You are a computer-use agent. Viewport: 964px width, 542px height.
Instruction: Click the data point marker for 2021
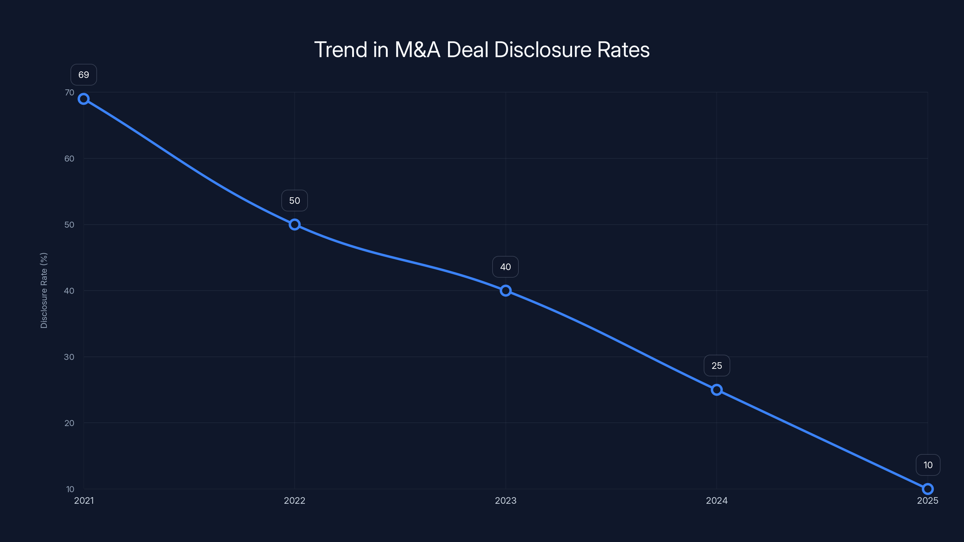[83, 99]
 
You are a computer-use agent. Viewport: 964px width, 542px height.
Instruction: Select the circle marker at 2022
[295, 224]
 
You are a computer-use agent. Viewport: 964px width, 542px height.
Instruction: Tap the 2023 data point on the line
[505, 291]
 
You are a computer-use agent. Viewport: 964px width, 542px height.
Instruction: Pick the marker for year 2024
[717, 390]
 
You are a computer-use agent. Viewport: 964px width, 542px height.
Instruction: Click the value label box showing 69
[83, 75]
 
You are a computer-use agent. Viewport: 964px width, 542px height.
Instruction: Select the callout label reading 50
[295, 201]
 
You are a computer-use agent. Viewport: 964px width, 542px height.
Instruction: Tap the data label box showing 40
[505, 267]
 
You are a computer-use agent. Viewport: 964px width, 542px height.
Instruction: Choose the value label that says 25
[717, 366]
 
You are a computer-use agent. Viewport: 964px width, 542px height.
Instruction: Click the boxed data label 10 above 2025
[928, 465]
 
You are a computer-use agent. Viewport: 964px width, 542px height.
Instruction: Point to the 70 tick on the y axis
[70, 92]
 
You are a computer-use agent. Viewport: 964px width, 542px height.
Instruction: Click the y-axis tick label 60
[70, 159]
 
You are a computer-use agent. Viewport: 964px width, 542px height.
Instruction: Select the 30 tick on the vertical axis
[70, 357]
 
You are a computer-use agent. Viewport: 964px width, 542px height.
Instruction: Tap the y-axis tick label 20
[70, 423]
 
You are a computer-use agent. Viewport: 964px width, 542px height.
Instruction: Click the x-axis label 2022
[295, 500]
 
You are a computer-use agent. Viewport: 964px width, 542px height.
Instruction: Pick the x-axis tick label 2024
[717, 500]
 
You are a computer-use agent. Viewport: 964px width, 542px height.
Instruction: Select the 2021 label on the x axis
[84, 500]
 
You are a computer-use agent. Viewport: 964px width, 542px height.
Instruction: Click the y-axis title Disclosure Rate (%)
[44, 290]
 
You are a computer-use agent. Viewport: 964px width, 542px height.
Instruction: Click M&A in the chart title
[417, 50]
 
